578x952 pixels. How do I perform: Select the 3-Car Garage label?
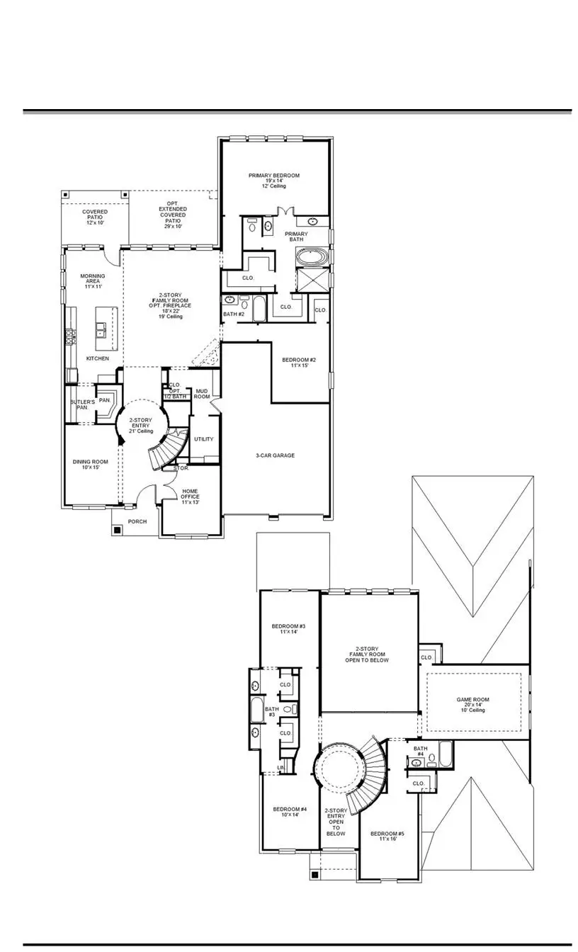276,455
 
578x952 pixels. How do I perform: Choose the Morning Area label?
92,281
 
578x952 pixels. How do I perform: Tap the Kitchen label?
98,358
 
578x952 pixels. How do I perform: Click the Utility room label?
203,439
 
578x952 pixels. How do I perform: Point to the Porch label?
137,522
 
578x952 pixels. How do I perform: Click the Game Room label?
472,704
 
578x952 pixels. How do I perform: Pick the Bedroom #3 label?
288,630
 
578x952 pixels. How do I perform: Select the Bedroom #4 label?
290,812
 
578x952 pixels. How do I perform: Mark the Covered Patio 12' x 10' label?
95,217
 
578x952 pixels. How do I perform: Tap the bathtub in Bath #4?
445,754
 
